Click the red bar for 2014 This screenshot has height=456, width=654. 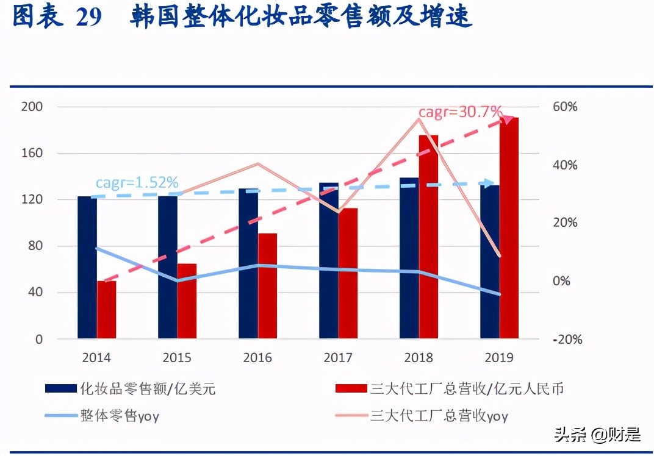click(107, 310)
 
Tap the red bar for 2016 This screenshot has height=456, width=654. click(267, 286)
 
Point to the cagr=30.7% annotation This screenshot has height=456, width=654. click(460, 112)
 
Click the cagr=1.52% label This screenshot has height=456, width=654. click(137, 182)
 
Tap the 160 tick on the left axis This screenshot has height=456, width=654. click(33, 153)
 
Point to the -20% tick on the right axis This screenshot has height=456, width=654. click(567, 340)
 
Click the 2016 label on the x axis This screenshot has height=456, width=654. click(257, 358)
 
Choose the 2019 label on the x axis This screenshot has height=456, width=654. click(498, 358)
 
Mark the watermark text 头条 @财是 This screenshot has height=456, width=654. click(597, 435)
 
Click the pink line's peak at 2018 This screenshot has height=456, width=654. click(419, 118)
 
